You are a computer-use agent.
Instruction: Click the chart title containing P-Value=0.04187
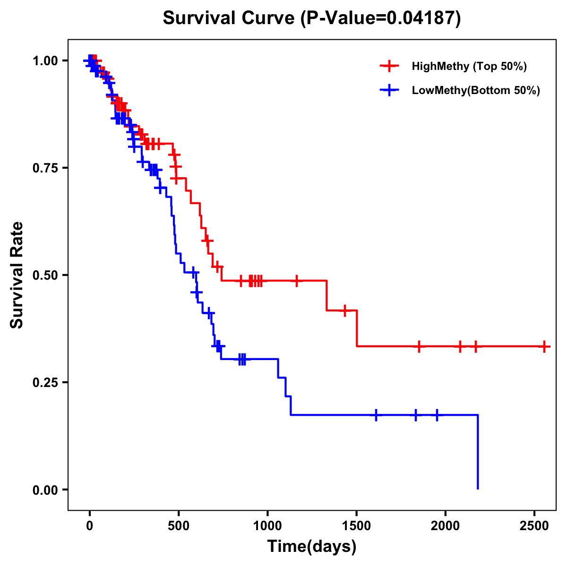pyautogui.click(x=311, y=18)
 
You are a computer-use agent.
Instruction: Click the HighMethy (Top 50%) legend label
pyautogui.click(x=469, y=66)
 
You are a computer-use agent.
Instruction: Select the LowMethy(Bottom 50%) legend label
pyautogui.click(x=476, y=90)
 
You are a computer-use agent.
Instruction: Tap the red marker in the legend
pyautogui.click(x=389, y=66)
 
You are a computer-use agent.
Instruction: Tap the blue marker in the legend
pyautogui.click(x=389, y=90)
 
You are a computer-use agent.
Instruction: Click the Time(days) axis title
pyautogui.click(x=312, y=547)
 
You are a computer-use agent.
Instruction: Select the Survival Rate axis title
pyautogui.click(x=17, y=275)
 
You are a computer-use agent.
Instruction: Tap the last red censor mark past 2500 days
pyautogui.click(x=544, y=346)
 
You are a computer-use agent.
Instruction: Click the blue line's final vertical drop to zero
pyautogui.click(x=478, y=452)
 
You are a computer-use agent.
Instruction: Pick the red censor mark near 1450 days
pyautogui.click(x=345, y=310)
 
